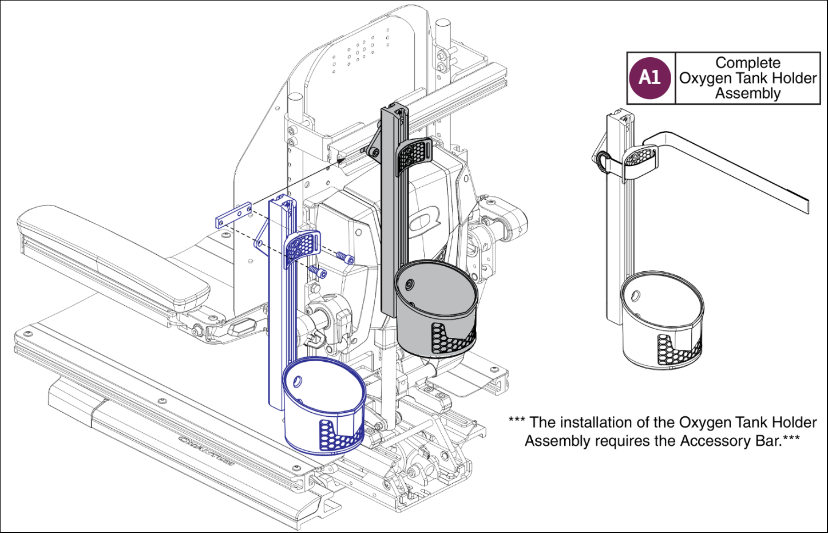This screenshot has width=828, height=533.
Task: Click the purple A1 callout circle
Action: pos(649,78)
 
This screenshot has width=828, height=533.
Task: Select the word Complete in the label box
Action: pos(747,62)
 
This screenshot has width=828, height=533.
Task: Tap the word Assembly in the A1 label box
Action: pos(747,93)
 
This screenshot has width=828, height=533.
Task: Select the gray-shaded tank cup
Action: pos(435,309)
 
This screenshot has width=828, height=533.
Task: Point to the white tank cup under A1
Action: pos(662,321)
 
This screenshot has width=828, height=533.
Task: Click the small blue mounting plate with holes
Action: pos(233,215)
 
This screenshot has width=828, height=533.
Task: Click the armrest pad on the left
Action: pos(109,252)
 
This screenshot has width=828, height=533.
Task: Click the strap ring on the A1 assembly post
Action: pos(602,161)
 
